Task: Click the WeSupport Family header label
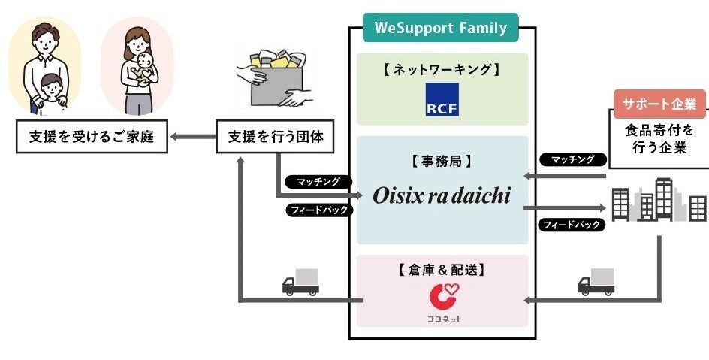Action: [x=441, y=28]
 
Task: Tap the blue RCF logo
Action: [x=442, y=99]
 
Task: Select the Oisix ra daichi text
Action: [x=442, y=196]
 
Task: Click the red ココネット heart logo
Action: [x=442, y=295]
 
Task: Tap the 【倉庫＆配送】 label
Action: [x=442, y=268]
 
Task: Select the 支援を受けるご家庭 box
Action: [x=92, y=138]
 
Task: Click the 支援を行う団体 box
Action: [x=275, y=138]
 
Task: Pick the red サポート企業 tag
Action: [x=659, y=104]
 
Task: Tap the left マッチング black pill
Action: [x=318, y=181]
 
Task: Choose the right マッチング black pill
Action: [x=573, y=159]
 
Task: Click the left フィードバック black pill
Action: [x=318, y=210]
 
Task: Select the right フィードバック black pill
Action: [x=572, y=224]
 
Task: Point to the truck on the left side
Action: [x=300, y=282]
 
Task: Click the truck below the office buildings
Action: [x=596, y=282]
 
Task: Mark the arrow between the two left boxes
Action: [x=191, y=138]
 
